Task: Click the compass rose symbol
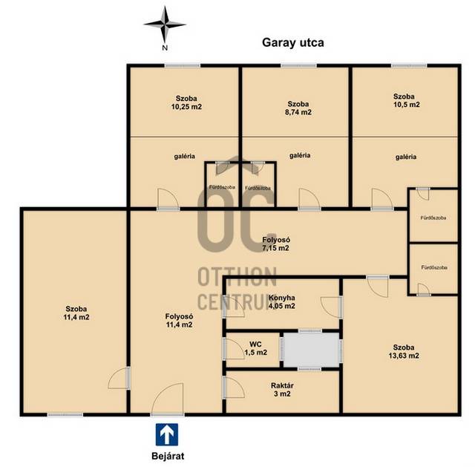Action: [165, 25]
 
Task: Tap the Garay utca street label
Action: [293, 43]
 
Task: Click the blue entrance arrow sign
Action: [167, 434]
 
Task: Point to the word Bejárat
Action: [168, 456]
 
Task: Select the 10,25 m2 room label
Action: [186, 107]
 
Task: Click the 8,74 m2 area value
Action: [298, 112]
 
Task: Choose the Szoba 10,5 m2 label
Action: [406, 101]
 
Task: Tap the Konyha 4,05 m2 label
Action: [282, 302]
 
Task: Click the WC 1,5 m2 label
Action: [255, 348]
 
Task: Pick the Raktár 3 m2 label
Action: [282, 390]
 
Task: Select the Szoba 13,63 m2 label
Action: [404, 351]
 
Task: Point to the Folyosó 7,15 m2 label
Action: [275, 244]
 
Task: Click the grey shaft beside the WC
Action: [311, 350]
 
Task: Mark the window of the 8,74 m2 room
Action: [298, 65]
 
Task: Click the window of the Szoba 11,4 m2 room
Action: [65, 414]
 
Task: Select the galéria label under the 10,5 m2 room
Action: [406, 157]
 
